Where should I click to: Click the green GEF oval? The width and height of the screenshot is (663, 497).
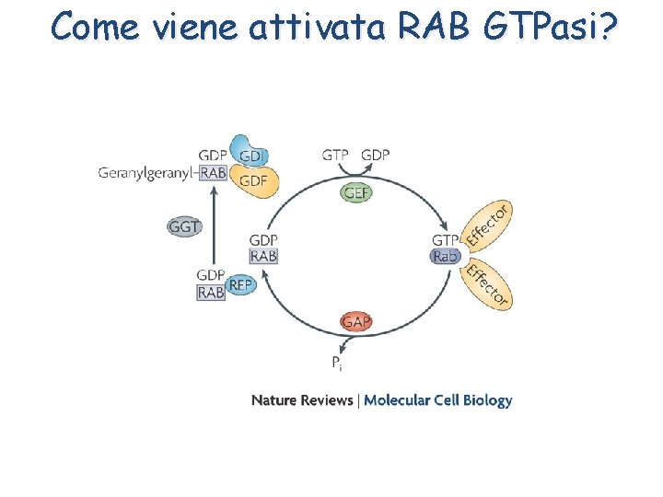pyautogui.click(x=357, y=192)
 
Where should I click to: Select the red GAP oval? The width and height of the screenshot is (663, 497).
pyautogui.click(x=356, y=321)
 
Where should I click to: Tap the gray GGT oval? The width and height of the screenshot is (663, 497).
pyautogui.click(x=184, y=226)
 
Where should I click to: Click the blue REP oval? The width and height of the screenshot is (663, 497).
pyautogui.click(x=240, y=285)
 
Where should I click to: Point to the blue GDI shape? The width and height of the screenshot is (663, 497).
pyautogui.click(x=248, y=154)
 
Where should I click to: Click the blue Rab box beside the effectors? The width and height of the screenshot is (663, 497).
pyautogui.click(x=446, y=257)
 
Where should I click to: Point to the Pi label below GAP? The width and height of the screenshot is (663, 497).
pyautogui.click(x=337, y=364)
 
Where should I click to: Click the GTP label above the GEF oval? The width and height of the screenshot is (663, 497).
pyautogui.click(x=335, y=155)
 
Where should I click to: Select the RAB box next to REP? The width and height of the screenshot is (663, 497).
pyautogui.click(x=211, y=293)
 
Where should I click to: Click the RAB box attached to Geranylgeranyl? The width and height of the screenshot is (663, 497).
pyautogui.click(x=214, y=172)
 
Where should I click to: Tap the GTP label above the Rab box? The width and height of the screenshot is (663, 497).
pyautogui.click(x=446, y=240)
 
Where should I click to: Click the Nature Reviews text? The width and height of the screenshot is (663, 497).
pyautogui.click(x=302, y=400)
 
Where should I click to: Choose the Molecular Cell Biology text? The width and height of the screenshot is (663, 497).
pyautogui.click(x=438, y=400)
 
